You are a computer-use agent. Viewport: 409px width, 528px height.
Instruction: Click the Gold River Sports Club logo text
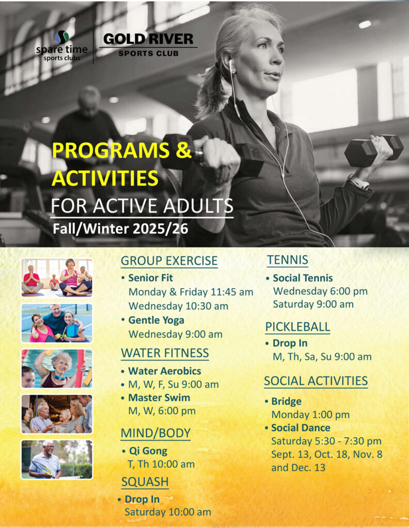point(148,44)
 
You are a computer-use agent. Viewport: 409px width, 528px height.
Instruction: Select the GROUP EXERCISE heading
point(169,261)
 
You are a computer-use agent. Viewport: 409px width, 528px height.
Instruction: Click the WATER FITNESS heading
point(165,353)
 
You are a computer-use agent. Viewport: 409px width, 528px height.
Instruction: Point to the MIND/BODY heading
point(155,433)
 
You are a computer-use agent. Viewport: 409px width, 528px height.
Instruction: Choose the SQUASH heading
point(145,482)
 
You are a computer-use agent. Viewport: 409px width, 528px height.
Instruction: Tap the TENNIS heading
point(288,260)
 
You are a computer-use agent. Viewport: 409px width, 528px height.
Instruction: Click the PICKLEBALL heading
point(297,326)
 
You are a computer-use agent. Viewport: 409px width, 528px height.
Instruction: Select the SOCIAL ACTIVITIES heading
point(316,381)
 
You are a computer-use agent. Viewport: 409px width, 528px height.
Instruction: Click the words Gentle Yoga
point(156,320)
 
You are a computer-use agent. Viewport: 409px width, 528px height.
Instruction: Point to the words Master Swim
point(159,398)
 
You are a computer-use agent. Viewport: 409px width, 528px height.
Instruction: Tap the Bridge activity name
point(286,401)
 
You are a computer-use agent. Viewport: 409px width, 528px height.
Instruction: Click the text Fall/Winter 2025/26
point(120,229)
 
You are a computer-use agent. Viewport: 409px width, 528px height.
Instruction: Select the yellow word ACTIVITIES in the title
point(105,178)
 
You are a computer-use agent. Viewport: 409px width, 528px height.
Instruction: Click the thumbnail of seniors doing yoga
point(57,277)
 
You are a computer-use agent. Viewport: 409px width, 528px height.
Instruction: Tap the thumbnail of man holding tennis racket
point(57,459)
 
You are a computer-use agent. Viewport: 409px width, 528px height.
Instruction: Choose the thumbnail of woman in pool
point(57,368)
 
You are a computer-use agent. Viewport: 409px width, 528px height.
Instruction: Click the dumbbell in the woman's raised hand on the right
point(373,151)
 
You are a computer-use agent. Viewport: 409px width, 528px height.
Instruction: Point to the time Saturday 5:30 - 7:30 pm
point(326,441)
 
